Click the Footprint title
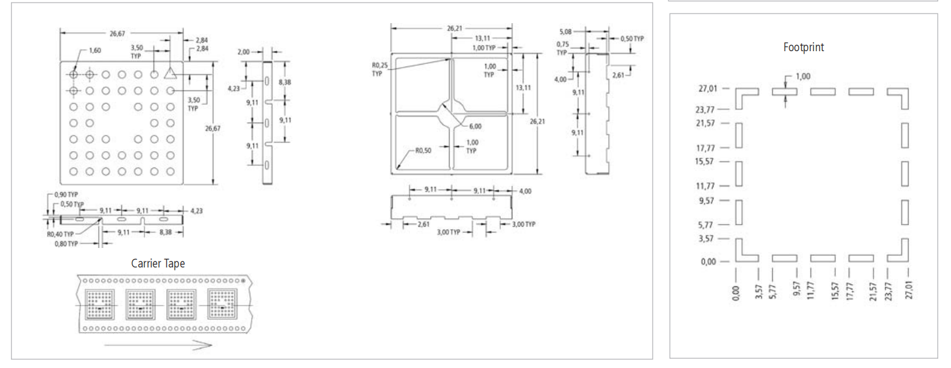tap(803, 47)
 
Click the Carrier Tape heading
tap(158, 264)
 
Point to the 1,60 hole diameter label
tap(95, 51)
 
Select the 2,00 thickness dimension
tap(243, 52)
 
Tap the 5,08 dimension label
tap(565, 32)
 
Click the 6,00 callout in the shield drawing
tap(475, 127)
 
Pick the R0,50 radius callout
tap(423, 150)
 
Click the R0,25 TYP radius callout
tap(380, 69)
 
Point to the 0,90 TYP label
tap(66, 195)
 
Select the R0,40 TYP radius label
tap(60, 235)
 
